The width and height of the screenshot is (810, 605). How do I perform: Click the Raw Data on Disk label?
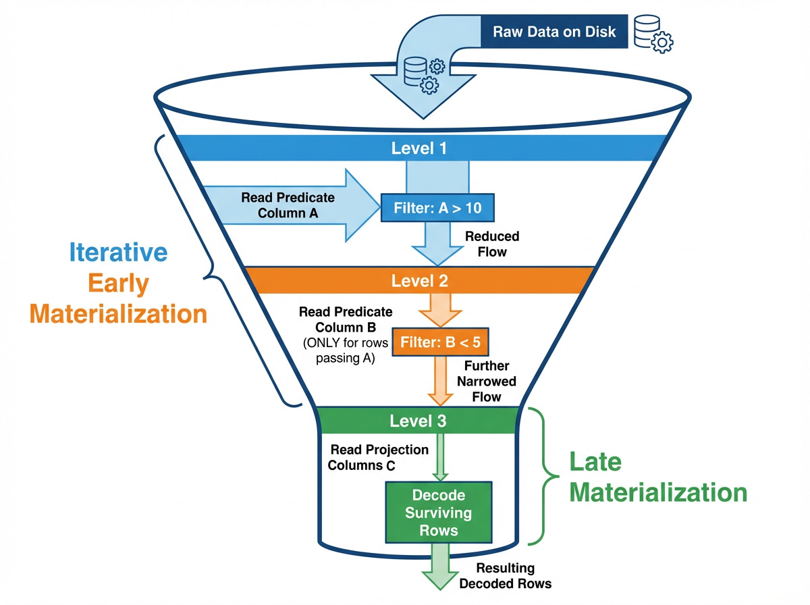[553, 32]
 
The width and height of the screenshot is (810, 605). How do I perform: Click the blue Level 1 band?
[418, 148]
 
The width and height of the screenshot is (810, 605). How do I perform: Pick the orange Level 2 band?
[418, 280]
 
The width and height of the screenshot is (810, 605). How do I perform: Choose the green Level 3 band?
[418, 421]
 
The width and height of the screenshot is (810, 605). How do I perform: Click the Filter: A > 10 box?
[438, 207]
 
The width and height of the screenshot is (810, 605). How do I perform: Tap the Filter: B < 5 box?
[439, 342]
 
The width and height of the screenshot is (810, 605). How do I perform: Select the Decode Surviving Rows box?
[439, 512]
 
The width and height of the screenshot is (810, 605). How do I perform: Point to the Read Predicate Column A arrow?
[290, 205]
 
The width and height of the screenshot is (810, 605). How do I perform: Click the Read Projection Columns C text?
[379, 457]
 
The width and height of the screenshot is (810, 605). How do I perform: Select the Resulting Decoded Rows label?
[506, 575]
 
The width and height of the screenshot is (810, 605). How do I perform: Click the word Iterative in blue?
[118, 253]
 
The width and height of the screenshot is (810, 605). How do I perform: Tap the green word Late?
[596, 463]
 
